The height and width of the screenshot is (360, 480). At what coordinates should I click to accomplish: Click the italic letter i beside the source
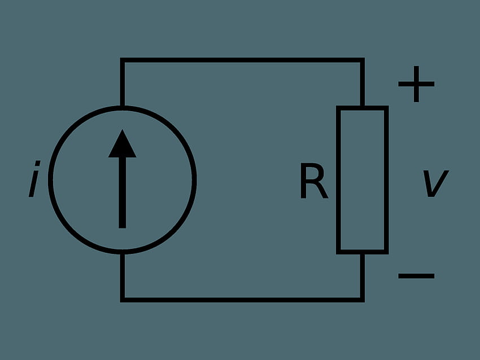pos(34,179)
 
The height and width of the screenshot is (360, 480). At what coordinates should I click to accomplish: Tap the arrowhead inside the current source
pos(123,145)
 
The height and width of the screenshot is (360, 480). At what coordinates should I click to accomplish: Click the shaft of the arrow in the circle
pos(123,192)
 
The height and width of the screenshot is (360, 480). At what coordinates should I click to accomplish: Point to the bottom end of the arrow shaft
pos(123,228)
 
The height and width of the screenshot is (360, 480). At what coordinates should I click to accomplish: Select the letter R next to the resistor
pos(314,181)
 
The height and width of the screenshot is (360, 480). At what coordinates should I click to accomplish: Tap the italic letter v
pos(436,183)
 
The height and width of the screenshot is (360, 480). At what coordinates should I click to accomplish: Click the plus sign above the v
pos(416,84)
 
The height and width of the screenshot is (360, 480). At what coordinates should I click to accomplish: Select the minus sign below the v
pos(416,276)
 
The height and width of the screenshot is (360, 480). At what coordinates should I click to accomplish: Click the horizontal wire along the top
pos(242,60)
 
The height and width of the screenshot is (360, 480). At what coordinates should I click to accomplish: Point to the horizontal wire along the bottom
pos(242,300)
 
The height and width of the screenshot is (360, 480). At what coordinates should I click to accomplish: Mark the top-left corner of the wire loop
pos(123,60)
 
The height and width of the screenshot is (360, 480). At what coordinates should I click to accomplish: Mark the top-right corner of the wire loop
pos(363,60)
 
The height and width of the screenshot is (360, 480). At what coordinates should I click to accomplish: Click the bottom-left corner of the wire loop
pos(123,300)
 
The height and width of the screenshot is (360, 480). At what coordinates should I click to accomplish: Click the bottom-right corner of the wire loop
pos(363,300)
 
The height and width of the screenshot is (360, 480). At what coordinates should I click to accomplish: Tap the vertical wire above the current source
pos(123,82)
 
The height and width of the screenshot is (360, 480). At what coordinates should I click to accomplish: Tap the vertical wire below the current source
pos(123,277)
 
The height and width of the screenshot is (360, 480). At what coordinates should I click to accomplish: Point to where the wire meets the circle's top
pos(123,108)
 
